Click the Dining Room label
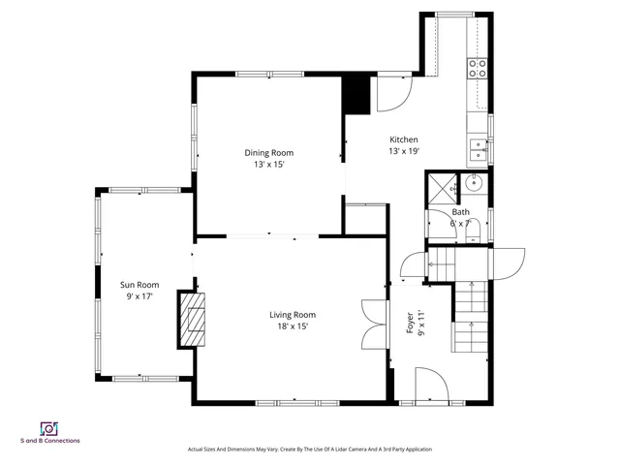(x=268, y=153)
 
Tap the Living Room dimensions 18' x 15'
(x=292, y=326)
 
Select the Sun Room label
(x=139, y=285)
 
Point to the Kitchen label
(x=404, y=139)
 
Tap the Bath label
(x=460, y=212)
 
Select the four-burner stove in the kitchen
(x=478, y=67)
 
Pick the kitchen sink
(x=479, y=148)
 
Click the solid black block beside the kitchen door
(x=357, y=94)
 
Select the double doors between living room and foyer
(x=370, y=322)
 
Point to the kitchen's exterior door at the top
(x=394, y=92)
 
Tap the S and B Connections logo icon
(x=47, y=428)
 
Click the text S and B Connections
(x=50, y=442)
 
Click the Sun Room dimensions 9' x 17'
(x=139, y=295)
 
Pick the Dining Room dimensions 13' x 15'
(x=268, y=165)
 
